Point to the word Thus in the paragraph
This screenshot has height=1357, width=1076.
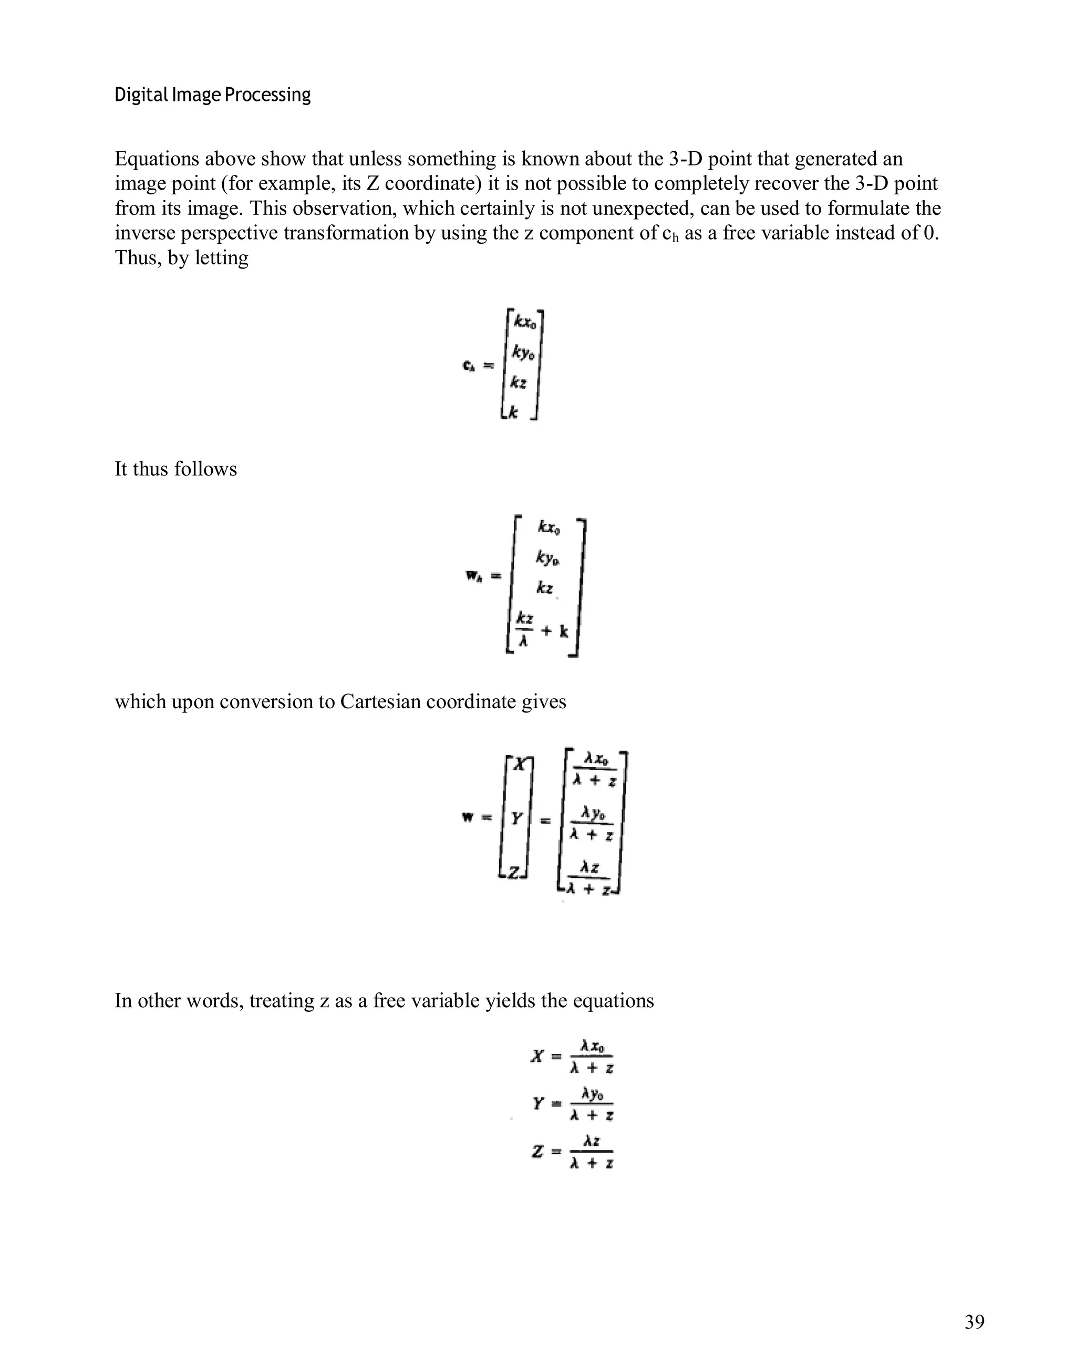[134, 257]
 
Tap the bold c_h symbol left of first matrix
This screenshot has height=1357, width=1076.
[468, 366]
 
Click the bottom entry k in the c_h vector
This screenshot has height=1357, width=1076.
[513, 412]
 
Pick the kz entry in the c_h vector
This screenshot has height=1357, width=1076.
[518, 382]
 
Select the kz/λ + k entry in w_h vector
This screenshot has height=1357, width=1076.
[542, 629]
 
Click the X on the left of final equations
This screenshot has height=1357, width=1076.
[536, 1056]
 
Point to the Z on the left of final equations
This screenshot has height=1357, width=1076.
[537, 1152]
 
